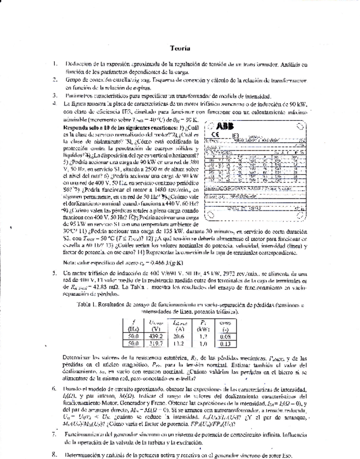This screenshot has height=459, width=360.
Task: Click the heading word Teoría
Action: (x=179, y=48)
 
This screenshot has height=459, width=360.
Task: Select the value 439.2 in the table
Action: (x=155, y=335)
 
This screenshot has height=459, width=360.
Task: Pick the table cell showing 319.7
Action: (x=155, y=343)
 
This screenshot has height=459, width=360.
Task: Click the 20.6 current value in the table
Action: (x=179, y=335)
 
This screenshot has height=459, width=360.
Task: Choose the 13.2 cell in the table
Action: (x=179, y=343)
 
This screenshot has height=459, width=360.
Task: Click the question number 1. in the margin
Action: (x=55, y=63)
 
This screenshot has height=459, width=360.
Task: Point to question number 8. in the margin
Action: (x=55, y=455)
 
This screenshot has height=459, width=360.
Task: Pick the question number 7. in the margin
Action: (x=55, y=434)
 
